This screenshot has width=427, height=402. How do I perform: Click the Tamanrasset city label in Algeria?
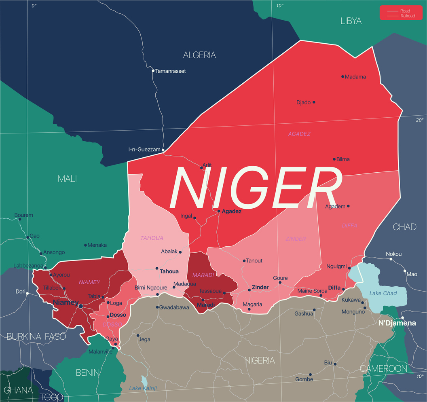171,71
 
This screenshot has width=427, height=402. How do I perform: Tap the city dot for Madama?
342,76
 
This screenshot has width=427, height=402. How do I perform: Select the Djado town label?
303,103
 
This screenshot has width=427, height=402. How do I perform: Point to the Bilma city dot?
334,159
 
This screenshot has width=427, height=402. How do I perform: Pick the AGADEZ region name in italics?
299,134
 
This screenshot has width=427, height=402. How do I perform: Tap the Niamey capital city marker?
80,306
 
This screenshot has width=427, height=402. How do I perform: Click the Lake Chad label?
383,293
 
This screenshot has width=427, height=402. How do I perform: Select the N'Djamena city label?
397,323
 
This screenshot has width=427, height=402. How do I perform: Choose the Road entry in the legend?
405,11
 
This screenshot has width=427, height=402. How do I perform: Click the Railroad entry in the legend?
407,16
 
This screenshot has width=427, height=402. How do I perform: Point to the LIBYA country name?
351,21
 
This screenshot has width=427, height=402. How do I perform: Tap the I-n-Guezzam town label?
144,150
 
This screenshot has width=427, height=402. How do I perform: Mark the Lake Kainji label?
143,388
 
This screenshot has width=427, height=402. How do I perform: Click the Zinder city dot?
249,290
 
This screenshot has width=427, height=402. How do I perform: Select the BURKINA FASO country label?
36,336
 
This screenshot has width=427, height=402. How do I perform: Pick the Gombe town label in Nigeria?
304,380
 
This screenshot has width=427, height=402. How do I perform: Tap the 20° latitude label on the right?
420,120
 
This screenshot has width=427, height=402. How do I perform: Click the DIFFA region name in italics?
349,226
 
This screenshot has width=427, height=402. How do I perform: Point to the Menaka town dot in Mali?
85,245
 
